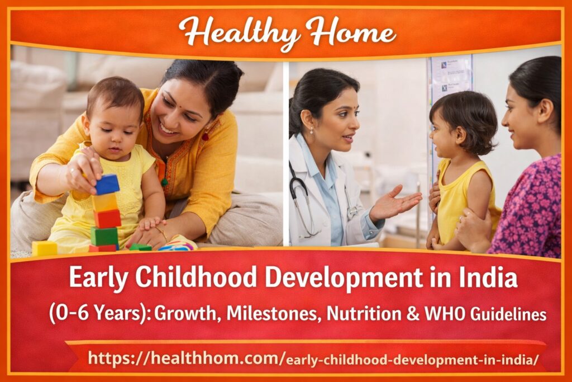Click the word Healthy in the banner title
pos(239,32)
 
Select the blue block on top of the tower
pos(107,184)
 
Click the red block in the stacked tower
pos(107,218)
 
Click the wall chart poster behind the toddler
pos(449,78)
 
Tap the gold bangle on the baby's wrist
pos(161,232)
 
